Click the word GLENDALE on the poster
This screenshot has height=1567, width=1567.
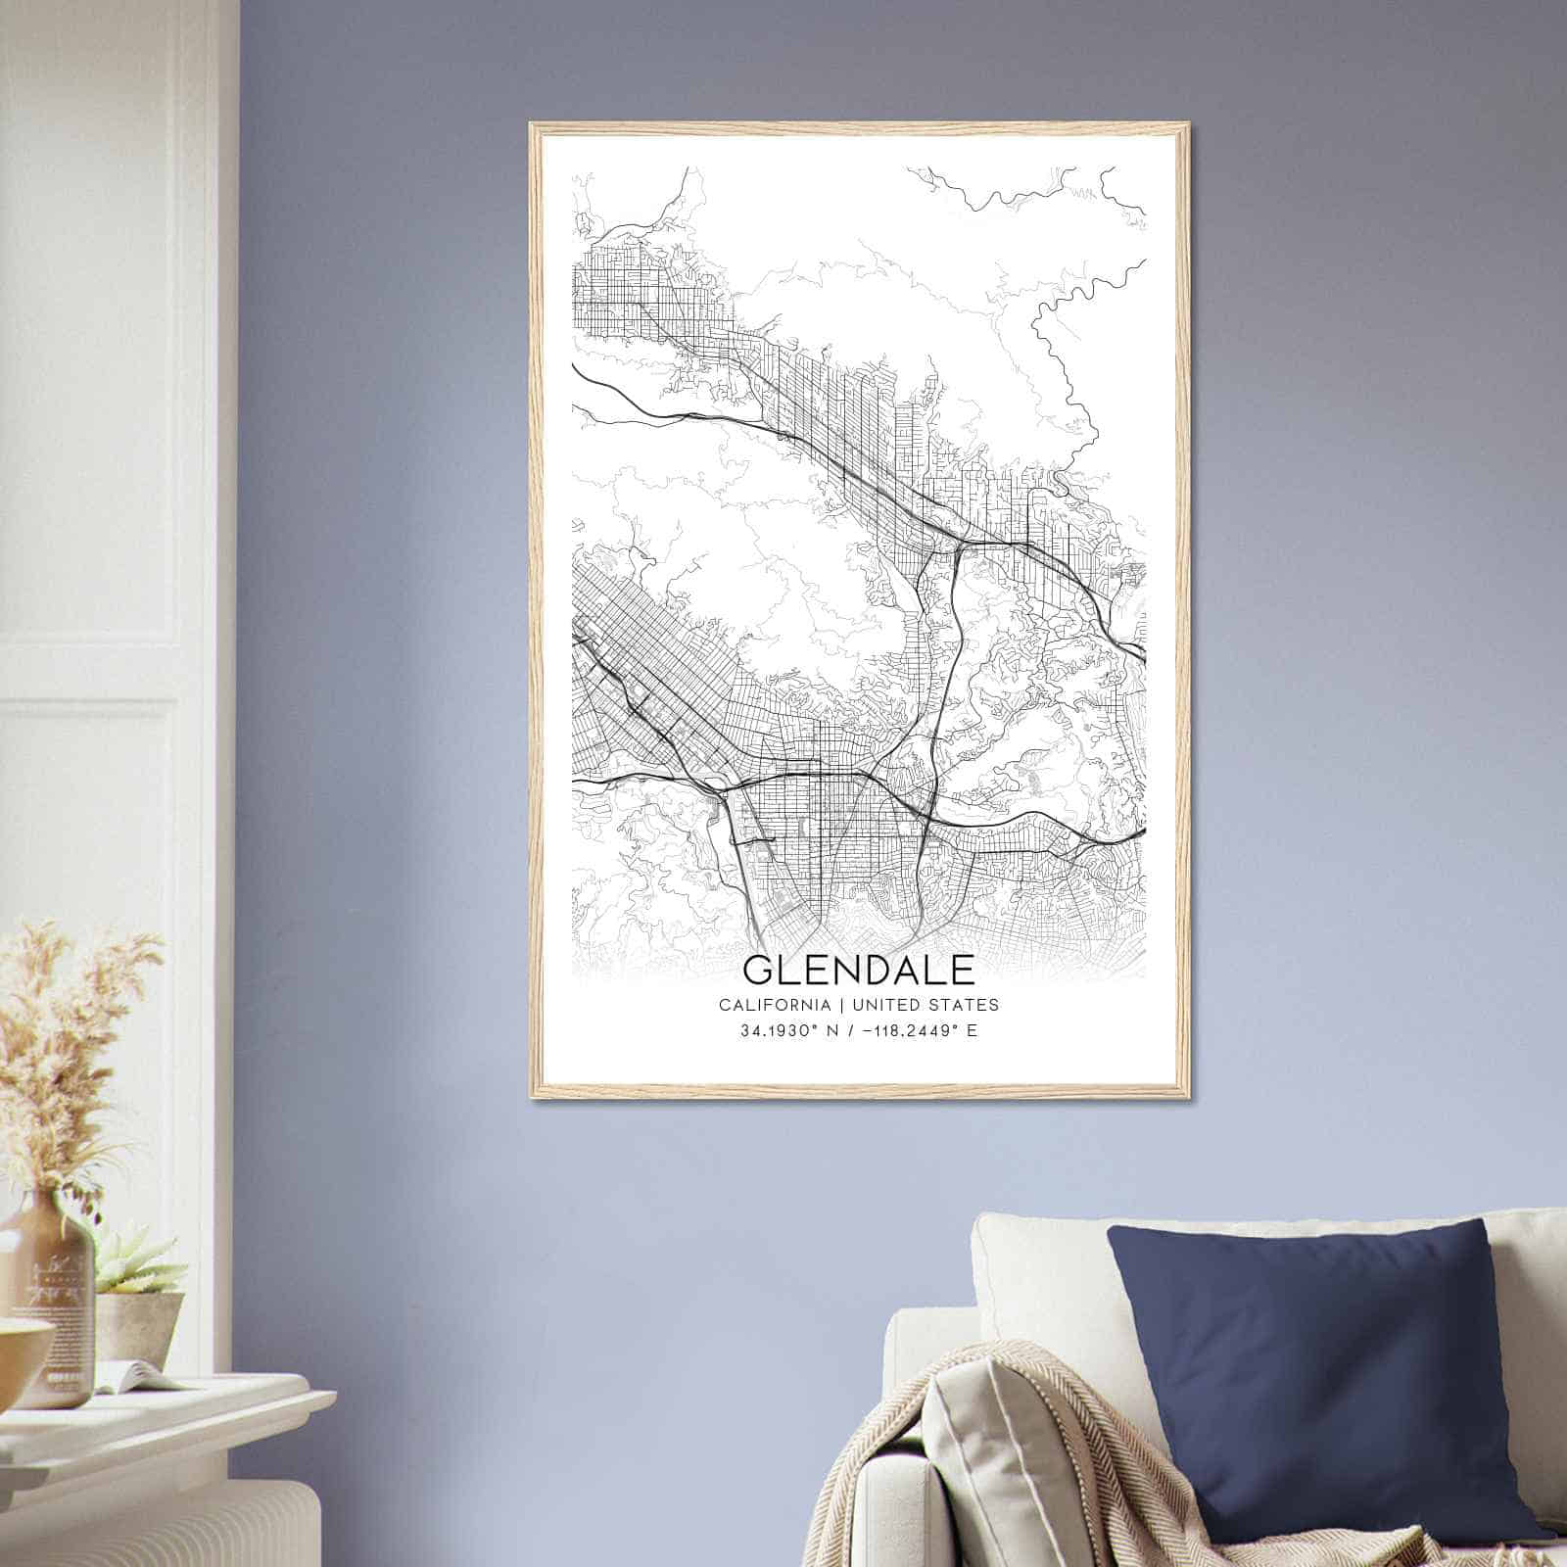click(x=859, y=970)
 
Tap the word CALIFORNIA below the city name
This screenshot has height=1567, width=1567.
click(x=773, y=1005)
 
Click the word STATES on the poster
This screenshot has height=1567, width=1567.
click(x=966, y=1005)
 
